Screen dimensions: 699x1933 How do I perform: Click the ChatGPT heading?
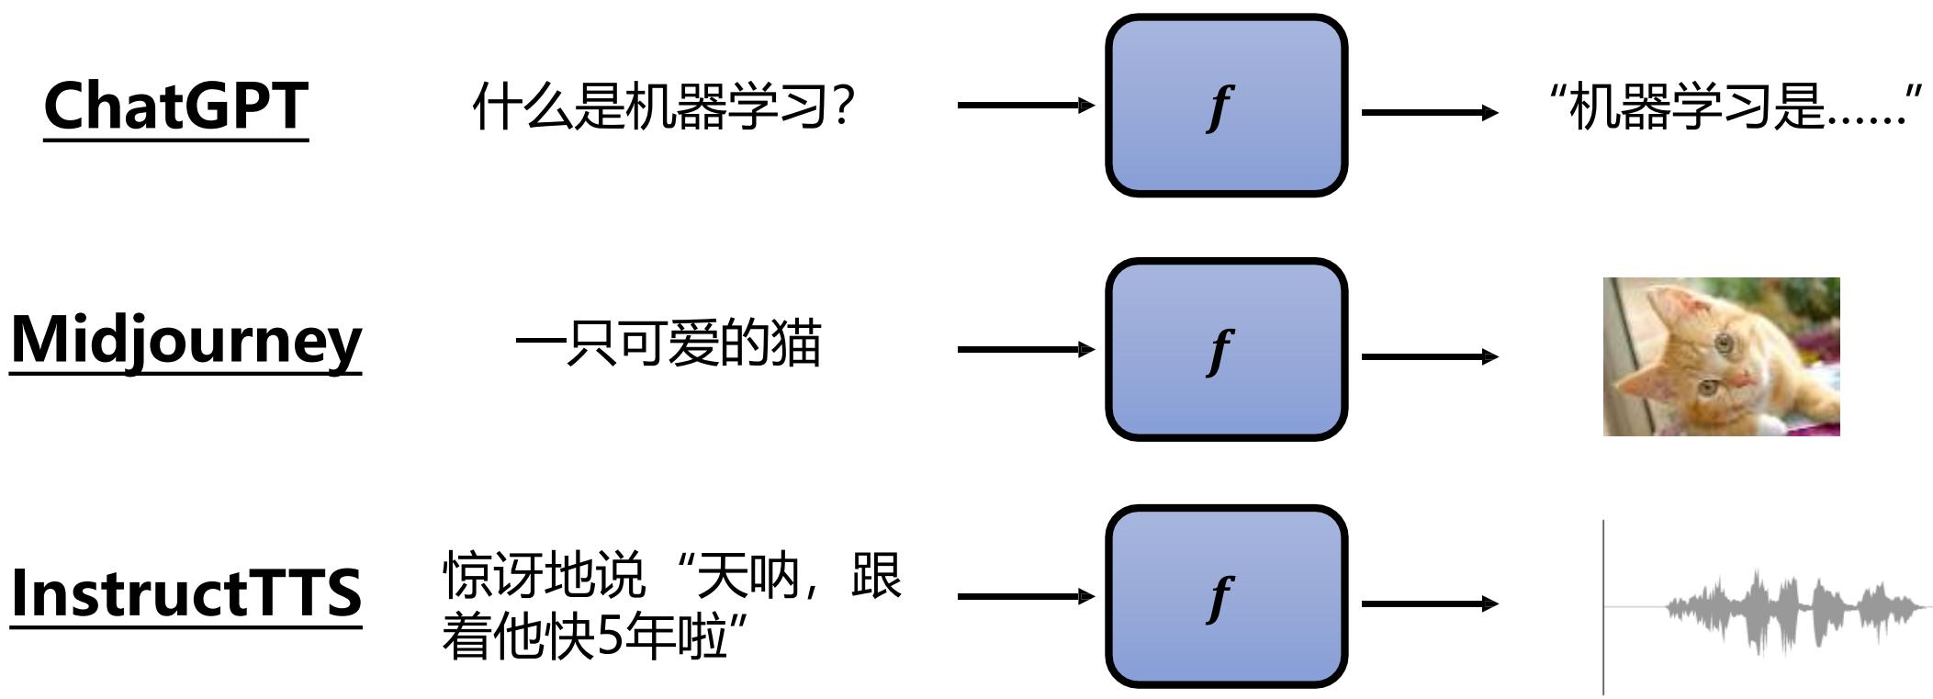175,106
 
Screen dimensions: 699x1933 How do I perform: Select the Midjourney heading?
185,341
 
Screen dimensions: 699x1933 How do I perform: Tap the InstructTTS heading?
185,592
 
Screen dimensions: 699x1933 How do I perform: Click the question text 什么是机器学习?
664,106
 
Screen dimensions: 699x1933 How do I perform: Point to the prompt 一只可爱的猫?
668,344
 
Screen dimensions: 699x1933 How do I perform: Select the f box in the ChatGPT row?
1225,106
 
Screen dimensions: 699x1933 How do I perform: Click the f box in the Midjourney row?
1225,350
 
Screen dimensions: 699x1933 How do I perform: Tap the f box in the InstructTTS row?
1225,596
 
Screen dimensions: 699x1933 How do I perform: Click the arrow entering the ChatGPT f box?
1025,105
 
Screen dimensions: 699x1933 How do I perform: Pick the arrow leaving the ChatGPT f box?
1429,113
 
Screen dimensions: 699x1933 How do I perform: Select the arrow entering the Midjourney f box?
1025,349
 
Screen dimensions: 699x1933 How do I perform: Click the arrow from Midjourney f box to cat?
1429,356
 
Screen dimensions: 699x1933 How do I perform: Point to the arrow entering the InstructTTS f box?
1025,596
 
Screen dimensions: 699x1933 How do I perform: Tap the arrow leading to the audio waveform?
1429,603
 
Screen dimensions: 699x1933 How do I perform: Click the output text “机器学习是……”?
1735,106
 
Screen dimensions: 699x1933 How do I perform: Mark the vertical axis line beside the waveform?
1603,569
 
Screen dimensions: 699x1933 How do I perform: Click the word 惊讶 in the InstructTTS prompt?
493,576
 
